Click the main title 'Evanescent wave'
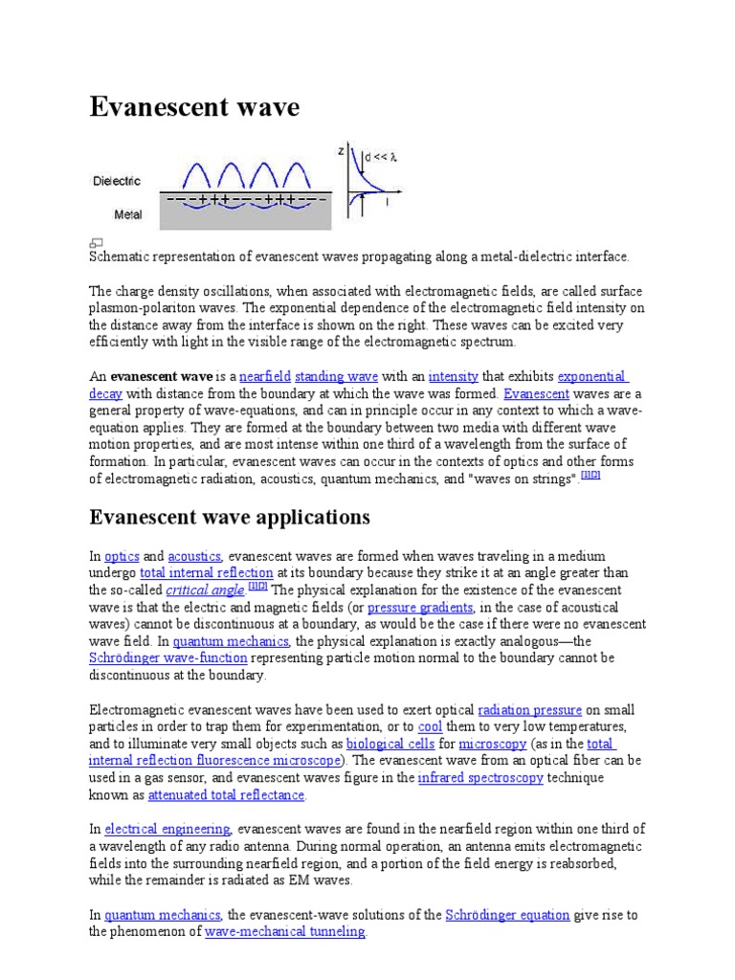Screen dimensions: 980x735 (x=194, y=108)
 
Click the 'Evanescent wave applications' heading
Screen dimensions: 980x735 (x=229, y=518)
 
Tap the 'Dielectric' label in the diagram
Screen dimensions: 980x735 (x=117, y=180)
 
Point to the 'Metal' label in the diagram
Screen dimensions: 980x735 (x=128, y=214)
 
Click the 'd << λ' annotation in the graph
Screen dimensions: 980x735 (x=379, y=156)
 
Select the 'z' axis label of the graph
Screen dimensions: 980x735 (x=342, y=151)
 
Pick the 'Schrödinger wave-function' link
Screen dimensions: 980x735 (x=168, y=658)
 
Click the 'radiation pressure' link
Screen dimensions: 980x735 (x=529, y=710)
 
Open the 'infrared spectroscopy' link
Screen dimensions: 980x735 (x=480, y=778)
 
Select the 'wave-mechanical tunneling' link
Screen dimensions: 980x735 (x=285, y=932)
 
